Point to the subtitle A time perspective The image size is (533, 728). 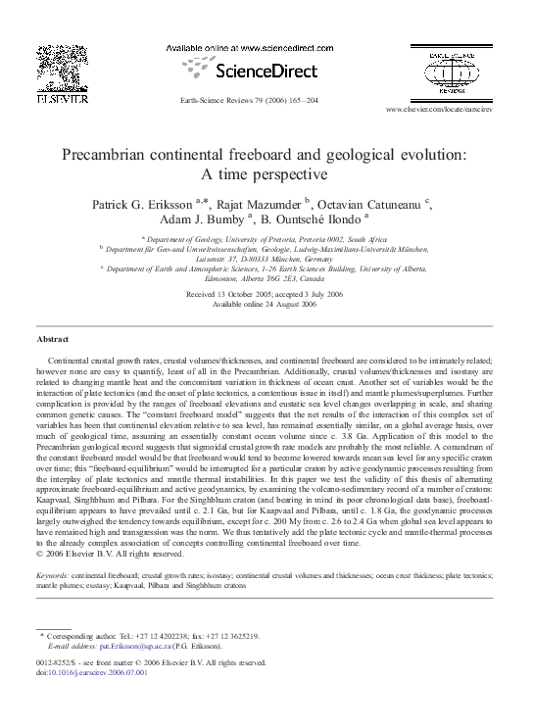tap(266, 175)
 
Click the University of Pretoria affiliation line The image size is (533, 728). tap(266, 238)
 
